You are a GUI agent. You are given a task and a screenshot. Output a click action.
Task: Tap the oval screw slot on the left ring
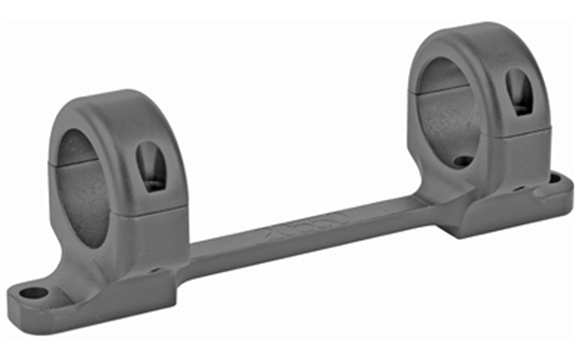pyautogui.click(x=150, y=167)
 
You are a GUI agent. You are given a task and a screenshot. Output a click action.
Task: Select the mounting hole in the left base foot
pyautogui.click(x=34, y=294)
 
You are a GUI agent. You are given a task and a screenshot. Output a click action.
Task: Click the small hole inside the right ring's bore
pyautogui.click(x=463, y=161)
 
